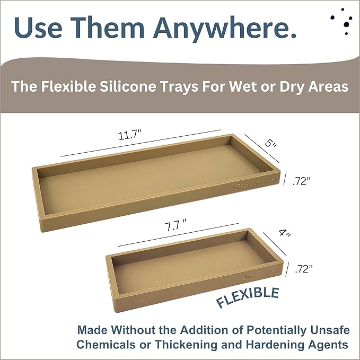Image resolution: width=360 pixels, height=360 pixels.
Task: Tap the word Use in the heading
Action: (x=37, y=28)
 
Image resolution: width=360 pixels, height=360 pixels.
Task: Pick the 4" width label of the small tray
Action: (x=285, y=234)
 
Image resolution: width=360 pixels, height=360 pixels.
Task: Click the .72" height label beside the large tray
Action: (x=301, y=180)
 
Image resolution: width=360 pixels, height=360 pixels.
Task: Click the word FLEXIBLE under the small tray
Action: (x=248, y=297)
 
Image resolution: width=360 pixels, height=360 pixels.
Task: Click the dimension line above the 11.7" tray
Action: (x=141, y=143)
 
